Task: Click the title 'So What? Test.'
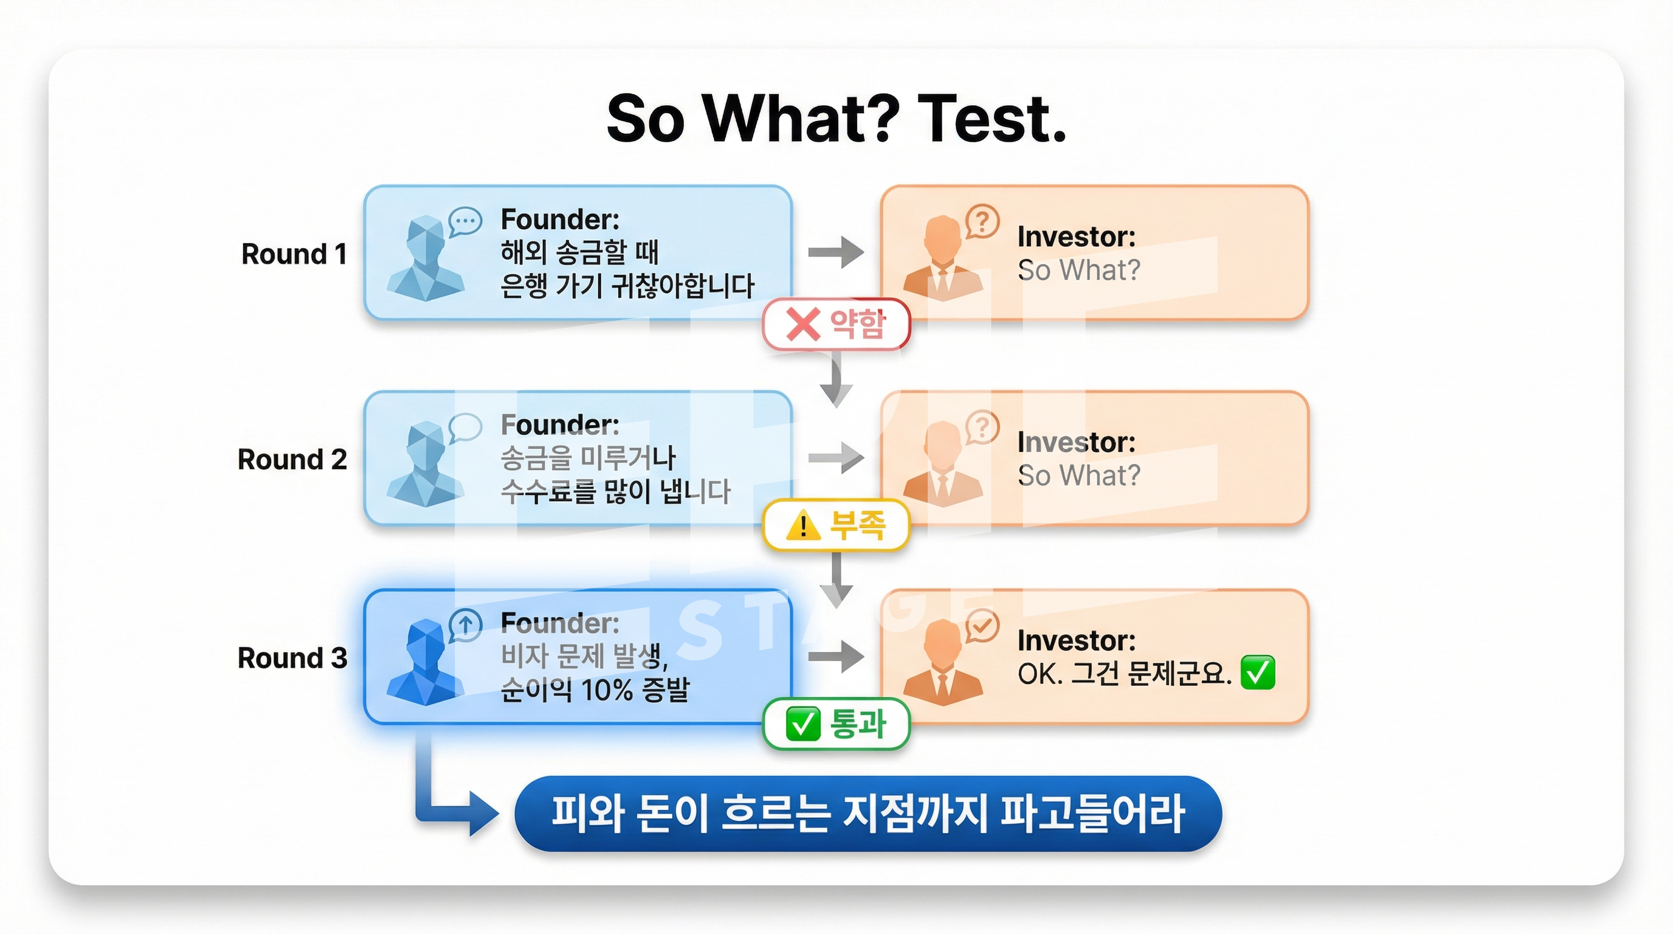836,118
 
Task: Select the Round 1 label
294,254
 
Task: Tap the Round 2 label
292,459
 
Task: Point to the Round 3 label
292,658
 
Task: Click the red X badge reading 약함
836,324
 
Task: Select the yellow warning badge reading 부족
836,525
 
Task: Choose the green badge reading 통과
836,724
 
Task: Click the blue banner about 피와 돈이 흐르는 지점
868,813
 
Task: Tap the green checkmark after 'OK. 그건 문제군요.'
1258,673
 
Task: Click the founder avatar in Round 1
426,258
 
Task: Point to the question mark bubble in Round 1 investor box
982,222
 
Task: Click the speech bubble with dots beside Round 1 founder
465,222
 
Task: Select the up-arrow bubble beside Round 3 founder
465,626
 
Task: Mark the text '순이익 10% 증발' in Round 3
595,689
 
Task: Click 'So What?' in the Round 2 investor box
1078,476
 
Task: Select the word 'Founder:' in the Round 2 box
560,425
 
